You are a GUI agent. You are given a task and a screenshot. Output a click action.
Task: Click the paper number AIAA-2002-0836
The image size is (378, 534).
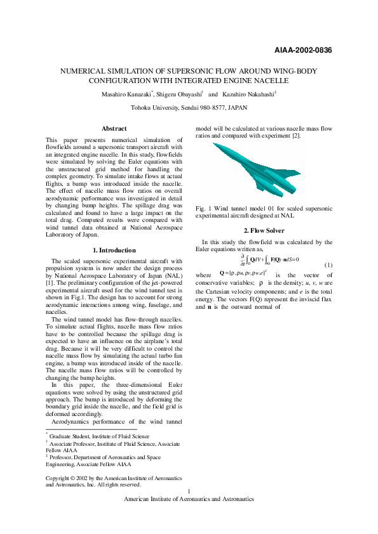(x=303, y=50)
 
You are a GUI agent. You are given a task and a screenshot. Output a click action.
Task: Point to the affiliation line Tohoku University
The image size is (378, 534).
(x=189, y=108)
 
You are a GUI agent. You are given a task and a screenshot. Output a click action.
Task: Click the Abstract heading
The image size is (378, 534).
(x=114, y=129)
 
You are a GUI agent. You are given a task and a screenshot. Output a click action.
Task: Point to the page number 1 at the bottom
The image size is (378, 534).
(x=189, y=492)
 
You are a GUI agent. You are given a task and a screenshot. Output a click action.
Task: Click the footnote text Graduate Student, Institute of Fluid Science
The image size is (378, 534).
(x=99, y=436)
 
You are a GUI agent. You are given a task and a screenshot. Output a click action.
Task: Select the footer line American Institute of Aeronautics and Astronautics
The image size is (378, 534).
(x=189, y=499)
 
